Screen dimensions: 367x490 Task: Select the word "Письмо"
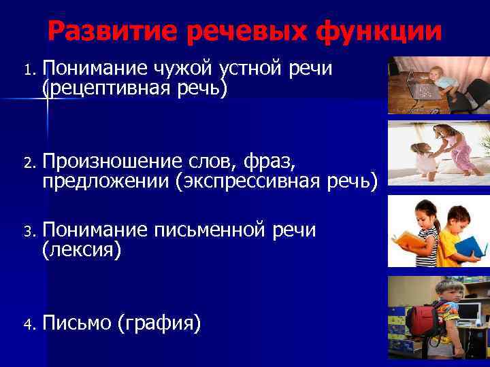click(76, 324)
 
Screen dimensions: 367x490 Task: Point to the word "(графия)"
click(159, 324)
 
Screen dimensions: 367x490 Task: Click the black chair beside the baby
click(470, 99)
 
